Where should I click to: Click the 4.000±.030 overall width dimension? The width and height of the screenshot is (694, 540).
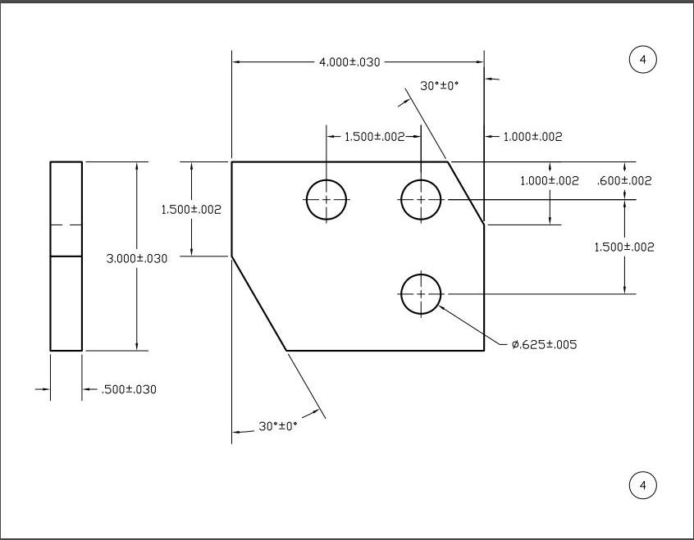click(x=349, y=62)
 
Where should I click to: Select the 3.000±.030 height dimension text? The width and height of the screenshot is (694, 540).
click(x=137, y=259)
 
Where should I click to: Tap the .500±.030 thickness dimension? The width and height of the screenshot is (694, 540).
click(x=129, y=389)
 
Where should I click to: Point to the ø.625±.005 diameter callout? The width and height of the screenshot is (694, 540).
click(x=544, y=345)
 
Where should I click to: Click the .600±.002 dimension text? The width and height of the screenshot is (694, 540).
click(x=624, y=181)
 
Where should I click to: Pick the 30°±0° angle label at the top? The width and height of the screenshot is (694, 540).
click(x=440, y=85)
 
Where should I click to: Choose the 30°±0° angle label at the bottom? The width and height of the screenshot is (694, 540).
click(x=278, y=426)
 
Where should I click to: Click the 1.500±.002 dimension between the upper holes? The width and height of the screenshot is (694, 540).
click(x=374, y=137)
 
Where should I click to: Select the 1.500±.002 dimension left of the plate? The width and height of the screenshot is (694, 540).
click(x=191, y=210)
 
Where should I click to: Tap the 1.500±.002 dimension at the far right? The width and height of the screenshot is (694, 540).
click(x=624, y=247)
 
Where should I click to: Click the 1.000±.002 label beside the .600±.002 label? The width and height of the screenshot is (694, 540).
click(x=550, y=181)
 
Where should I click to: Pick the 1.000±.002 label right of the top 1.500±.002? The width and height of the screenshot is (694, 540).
click(x=532, y=137)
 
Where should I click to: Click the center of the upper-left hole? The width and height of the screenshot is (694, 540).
click(x=326, y=199)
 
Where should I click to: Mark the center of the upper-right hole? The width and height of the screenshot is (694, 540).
click(x=421, y=199)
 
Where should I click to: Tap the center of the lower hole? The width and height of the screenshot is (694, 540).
click(x=421, y=293)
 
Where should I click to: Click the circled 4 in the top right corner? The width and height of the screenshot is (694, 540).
click(x=643, y=60)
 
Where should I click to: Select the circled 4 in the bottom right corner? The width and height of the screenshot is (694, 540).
click(x=643, y=486)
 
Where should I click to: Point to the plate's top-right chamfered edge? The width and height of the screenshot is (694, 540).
click(x=466, y=193)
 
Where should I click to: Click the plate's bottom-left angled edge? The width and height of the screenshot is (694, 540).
click(x=259, y=303)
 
